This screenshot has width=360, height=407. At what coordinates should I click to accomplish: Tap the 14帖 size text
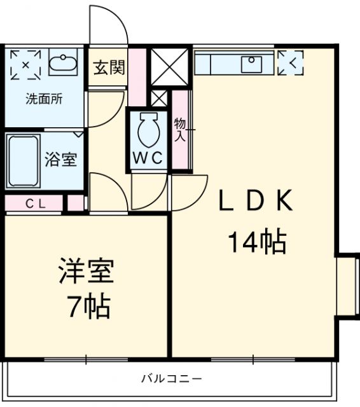click(256, 242)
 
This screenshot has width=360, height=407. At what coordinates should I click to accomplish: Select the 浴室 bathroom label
click(61, 160)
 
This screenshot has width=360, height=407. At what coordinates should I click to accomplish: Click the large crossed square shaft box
click(169, 67)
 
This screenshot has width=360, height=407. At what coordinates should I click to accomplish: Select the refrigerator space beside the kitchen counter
click(291, 63)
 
